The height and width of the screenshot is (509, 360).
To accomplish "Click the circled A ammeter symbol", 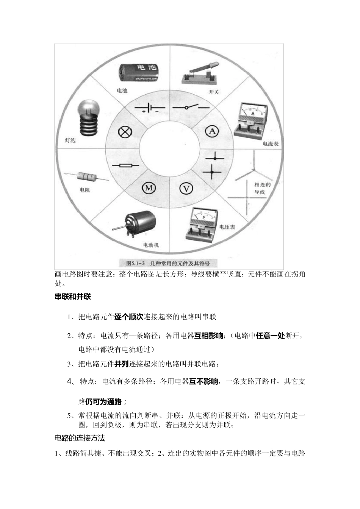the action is pyautogui.click(x=212, y=131).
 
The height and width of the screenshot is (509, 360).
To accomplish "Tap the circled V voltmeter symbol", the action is pyautogui.click(x=186, y=188).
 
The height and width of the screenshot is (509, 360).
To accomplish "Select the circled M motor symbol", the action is pyautogui.click(x=149, y=188).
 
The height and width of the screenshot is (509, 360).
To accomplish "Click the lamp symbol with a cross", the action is pyautogui.click(x=125, y=132).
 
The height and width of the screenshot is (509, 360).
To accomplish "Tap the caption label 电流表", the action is pyautogui.click(x=270, y=144).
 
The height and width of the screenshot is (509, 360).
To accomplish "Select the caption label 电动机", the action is pyautogui.click(x=151, y=245).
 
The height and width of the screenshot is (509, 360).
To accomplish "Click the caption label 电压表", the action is pyautogui.click(x=227, y=227).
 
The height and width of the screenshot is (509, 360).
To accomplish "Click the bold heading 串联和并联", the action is pyautogui.click(x=73, y=297).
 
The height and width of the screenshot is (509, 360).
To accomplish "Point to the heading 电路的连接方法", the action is pyautogui.click(x=80, y=438).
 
